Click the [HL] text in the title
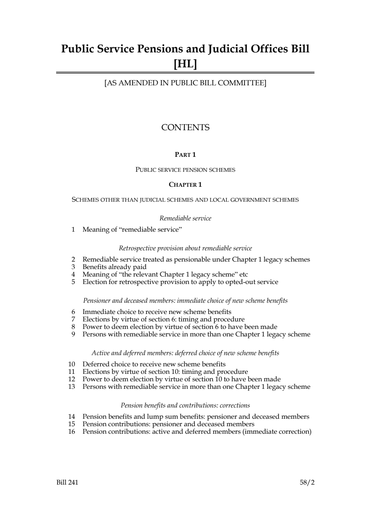click(x=185, y=64)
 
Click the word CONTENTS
click(x=185, y=128)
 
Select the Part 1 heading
click(x=185, y=155)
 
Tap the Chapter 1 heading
click(x=185, y=184)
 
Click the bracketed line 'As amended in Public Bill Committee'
click(x=185, y=83)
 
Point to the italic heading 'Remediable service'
click(x=185, y=218)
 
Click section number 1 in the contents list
click(x=73, y=229)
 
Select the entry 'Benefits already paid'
click(x=114, y=267)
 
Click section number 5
click(x=73, y=282)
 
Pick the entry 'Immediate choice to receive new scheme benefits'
click(x=156, y=312)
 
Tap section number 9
click(x=73, y=334)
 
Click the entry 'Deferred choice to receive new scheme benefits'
click(x=154, y=364)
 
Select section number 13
click(x=72, y=387)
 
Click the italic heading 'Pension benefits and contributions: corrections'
click(x=185, y=405)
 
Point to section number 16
click(x=72, y=431)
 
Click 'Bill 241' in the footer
click(x=67, y=482)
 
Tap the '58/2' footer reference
click(x=307, y=482)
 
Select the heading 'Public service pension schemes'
click(x=185, y=170)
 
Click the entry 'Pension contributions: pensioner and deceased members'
click(x=168, y=424)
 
